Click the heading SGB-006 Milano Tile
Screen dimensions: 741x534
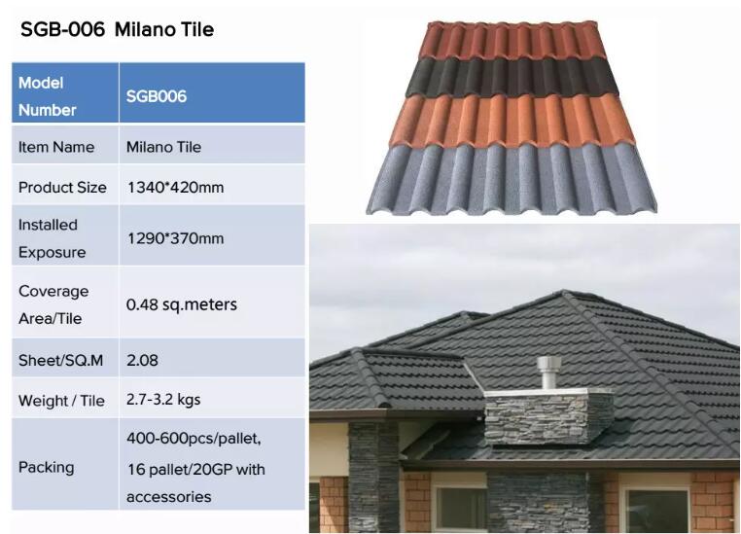118,30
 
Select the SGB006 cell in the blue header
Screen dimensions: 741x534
157,96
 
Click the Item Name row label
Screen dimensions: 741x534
56,147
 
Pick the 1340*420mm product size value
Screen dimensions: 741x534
175,188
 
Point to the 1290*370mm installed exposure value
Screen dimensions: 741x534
175,238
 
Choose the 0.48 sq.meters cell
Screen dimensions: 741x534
182,304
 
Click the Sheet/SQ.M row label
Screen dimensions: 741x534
60,361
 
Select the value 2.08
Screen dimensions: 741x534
142,361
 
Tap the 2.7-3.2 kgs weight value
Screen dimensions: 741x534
163,400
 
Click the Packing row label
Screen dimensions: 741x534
47,467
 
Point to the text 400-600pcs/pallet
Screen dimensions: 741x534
194,439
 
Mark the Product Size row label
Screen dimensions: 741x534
62,188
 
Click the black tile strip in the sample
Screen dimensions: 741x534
512,77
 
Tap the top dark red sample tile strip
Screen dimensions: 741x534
512,41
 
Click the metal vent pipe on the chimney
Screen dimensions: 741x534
548,373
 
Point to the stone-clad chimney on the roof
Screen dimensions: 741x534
549,417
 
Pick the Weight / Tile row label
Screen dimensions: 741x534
61,401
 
